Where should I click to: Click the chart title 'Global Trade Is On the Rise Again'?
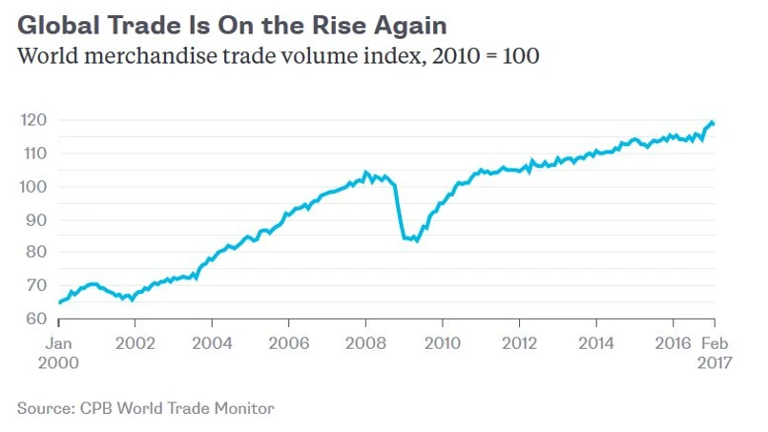click(232, 24)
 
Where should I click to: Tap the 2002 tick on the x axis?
click(136, 343)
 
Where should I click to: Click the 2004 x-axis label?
click(213, 343)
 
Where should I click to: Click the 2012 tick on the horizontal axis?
click(519, 343)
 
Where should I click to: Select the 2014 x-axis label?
click(596, 343)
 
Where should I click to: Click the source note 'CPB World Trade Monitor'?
click(145, 408)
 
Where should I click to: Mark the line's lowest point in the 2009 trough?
click(417, 240)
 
